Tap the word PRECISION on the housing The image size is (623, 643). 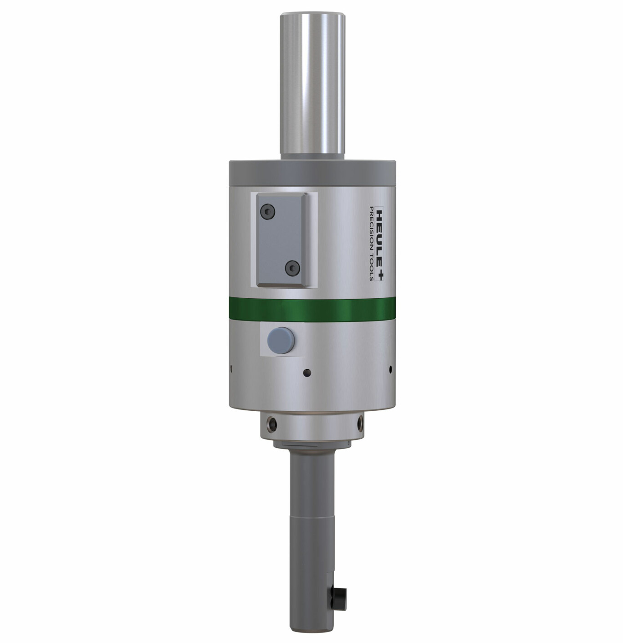pos(372,228)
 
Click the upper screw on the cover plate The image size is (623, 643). pos(267,211)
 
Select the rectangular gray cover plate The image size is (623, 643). pos(282,240)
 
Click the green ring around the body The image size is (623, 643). pos(312,309)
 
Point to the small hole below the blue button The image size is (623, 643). pos(307,373)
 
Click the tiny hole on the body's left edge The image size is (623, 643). pos(231,368)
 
